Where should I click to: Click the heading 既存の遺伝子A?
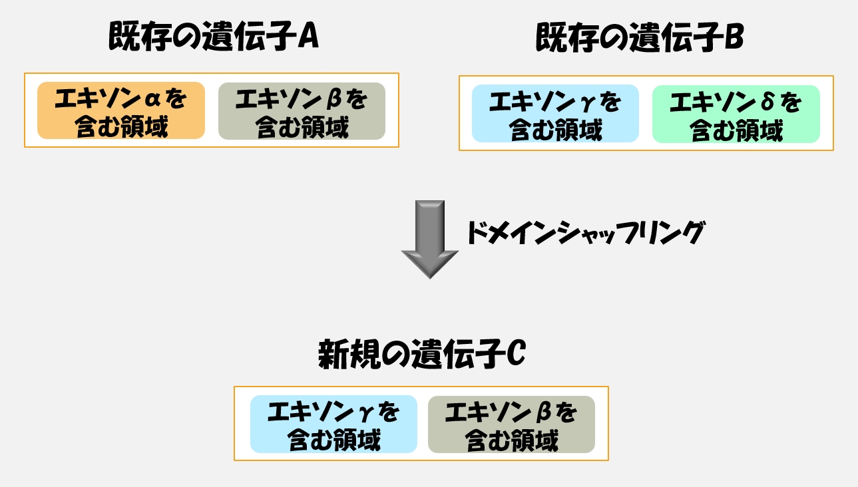[x=214, y=36]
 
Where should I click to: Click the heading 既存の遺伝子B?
[x=640, y=37]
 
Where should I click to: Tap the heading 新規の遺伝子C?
[x=422, y=354]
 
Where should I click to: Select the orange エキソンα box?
[x=121, y=110]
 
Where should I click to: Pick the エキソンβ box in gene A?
[x=302, y=111]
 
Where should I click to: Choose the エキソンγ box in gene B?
[x=555, y=113]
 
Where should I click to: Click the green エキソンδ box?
[x=736, y=114]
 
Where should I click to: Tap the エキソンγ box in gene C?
[x=333, y=424]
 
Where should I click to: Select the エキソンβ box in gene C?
[x=511, y=424]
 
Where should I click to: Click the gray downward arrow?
[x=430, y=240]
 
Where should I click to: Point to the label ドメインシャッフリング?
[x=586, y=232]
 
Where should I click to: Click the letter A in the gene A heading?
[x=309, y=37]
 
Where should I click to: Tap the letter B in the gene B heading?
[x=734, y=37]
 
